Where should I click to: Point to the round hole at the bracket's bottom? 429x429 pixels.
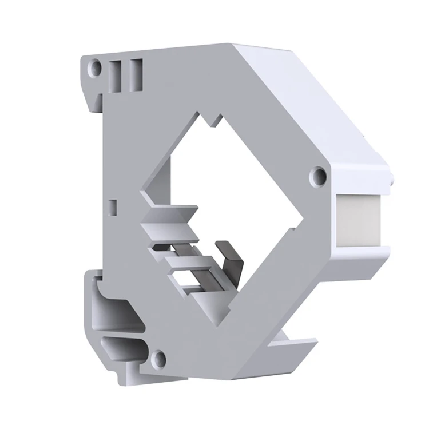(161, 359)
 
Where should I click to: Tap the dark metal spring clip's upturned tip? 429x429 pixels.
(222, 247)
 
